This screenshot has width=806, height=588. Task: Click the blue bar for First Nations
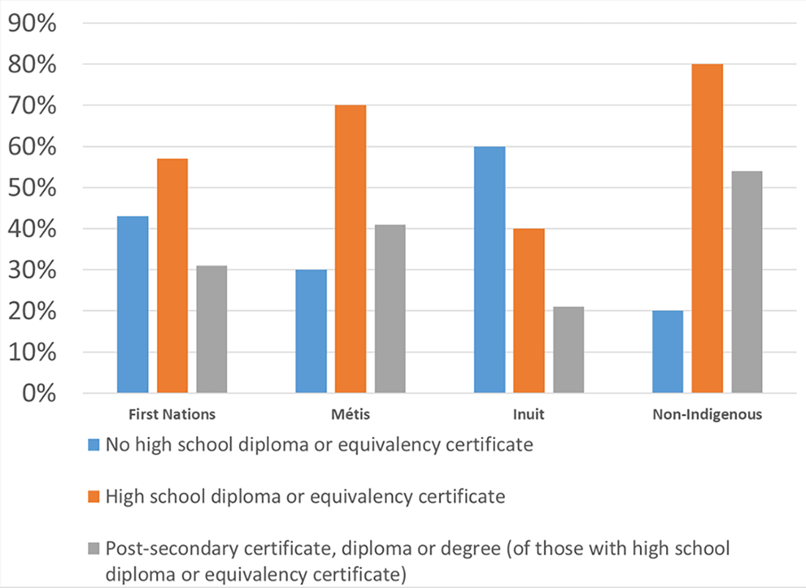[x=133, y=304]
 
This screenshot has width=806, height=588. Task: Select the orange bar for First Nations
[x=172, y=276]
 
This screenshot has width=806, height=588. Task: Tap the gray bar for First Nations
[x=212, y=329]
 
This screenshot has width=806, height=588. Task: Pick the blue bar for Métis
[x=311, y=331]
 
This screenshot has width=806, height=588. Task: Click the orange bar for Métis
[x=350, y=249]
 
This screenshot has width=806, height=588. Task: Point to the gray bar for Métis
[x=390, y=309]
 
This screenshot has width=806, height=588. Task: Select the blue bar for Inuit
[x=489, y=270]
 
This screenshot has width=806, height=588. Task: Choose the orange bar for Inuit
[x=529, y=311]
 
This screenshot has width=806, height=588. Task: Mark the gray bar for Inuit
[x=569, y=350]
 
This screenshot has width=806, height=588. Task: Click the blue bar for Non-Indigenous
[x=668, y=352]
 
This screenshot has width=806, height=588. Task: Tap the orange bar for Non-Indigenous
[x=707, y=229]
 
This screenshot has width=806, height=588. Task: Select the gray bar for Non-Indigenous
[x=747, y=282]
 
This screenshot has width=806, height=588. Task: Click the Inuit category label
[x=529, y=414]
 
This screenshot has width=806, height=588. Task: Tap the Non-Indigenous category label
[x=707, y=414]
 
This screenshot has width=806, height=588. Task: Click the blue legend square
[x=93, y=445]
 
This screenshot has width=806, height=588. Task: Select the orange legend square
[x=93, y=497]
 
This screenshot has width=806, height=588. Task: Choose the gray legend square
[x=93, y=549]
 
